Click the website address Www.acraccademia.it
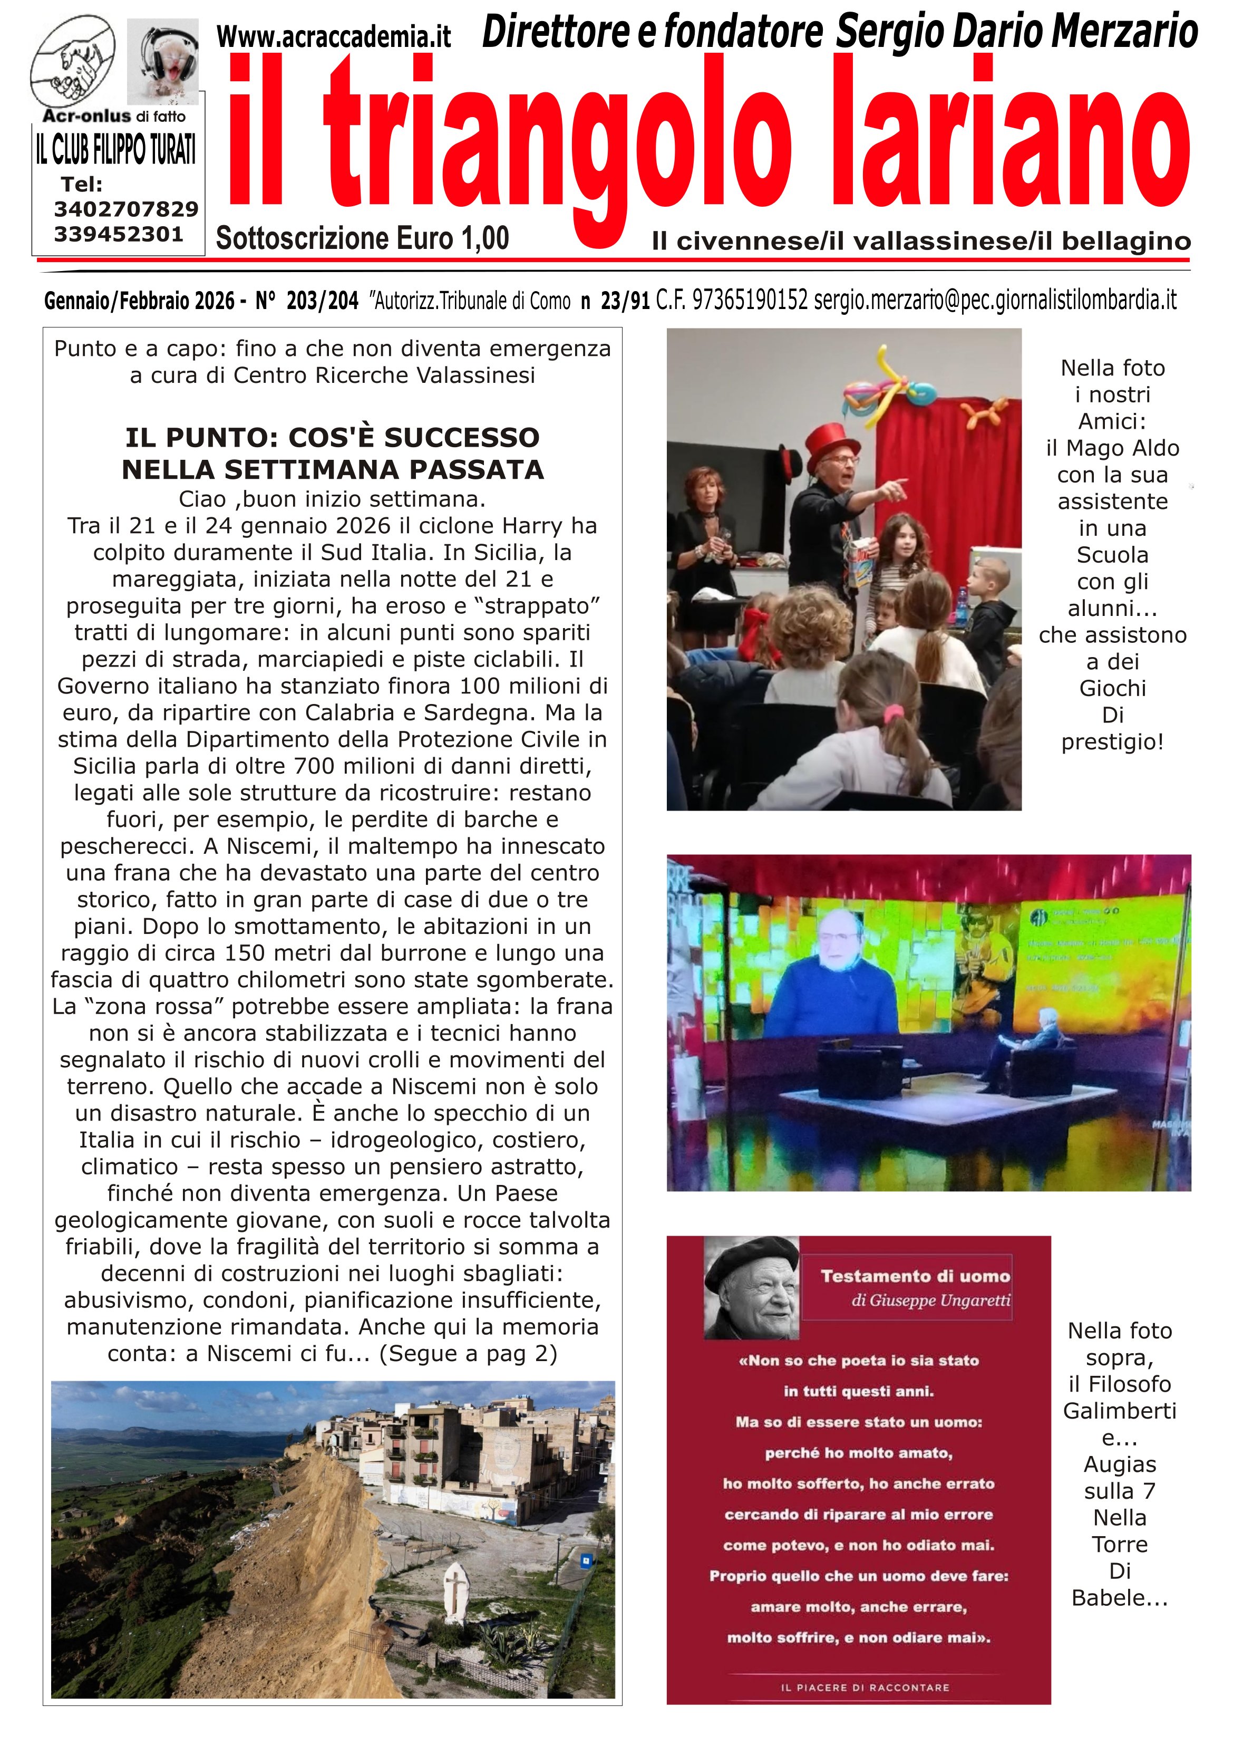pyautogui.click(x=334, y=36)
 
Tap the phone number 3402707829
pyautogui.click(x=126, y=209)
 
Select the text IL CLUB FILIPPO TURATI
pyautogui.click(x=116, y=149)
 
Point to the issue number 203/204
pyautogui.click(x=322, y=302)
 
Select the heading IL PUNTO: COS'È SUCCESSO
pyautogui.click(x=333, y=438)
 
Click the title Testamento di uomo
pyautogui.click(x=916, y=1276)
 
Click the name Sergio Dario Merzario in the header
pyautogui.click(x=1016, y=32)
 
